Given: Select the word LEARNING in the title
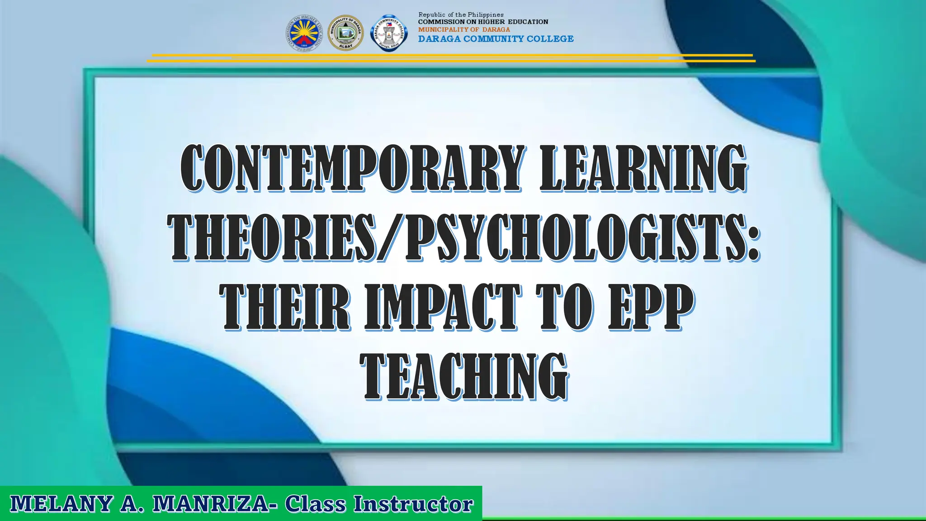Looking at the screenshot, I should coord(643,168).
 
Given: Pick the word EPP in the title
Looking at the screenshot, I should coord(651,308).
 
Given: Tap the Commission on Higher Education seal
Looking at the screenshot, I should coord(304,33).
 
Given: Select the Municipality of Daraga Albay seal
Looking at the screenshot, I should coord(345,33).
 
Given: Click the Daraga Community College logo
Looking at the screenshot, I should coord(389,33).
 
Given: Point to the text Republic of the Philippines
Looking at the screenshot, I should coord(461,15).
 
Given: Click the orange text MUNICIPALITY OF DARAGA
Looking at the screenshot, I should coord(464,29).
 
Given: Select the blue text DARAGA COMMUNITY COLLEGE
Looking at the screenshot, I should coord(496,39).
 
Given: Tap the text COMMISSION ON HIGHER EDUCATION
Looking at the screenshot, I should coord(483,22).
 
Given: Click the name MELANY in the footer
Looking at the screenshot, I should coord(61,504).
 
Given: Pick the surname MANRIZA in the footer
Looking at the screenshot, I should coord(211,504).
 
